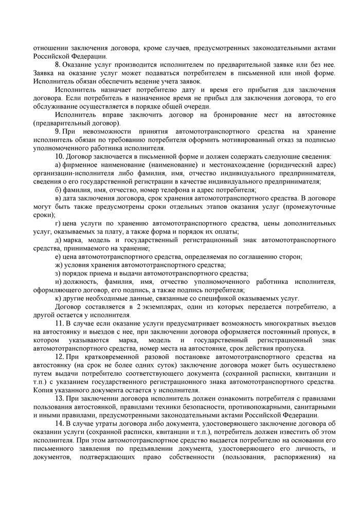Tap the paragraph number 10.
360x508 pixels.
coord(59,156)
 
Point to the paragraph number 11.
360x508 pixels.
coord(59,322)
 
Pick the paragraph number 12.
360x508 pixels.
coord(59,356)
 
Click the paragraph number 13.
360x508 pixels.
coord(59,398)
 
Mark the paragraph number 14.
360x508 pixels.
coord(59,423)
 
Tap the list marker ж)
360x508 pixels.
coord(58,265)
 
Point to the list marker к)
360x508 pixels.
coord(58,298)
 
